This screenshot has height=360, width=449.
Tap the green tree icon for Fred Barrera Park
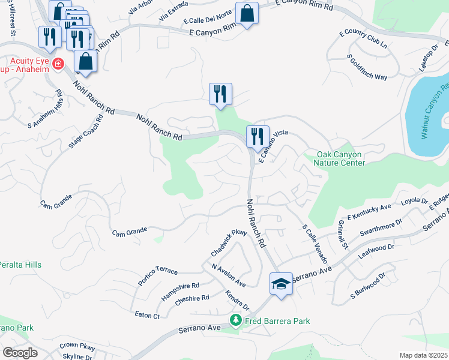237,321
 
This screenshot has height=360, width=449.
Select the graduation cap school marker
280,283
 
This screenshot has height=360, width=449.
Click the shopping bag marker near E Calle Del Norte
247,13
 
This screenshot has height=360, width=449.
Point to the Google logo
20,353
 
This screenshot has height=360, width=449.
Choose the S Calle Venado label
315,244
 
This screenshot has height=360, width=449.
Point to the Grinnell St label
343,234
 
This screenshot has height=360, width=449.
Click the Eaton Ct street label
147,314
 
